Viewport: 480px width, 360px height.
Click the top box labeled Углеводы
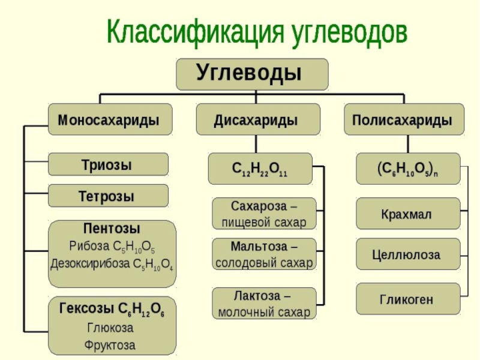(251, 74)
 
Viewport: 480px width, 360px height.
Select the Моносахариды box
(109, 120)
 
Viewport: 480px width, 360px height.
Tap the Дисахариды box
(256, 120)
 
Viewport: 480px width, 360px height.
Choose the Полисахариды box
(403, 120)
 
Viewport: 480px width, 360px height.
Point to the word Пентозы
(112, 229)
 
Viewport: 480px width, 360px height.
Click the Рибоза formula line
(112, 246)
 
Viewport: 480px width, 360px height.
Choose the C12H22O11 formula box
(260, 169)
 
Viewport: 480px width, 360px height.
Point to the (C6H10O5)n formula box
(408, 169)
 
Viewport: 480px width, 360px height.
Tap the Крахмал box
(408, 214)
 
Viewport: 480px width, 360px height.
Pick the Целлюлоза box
(408, 255)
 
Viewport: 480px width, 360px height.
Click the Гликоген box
(408, 299)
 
